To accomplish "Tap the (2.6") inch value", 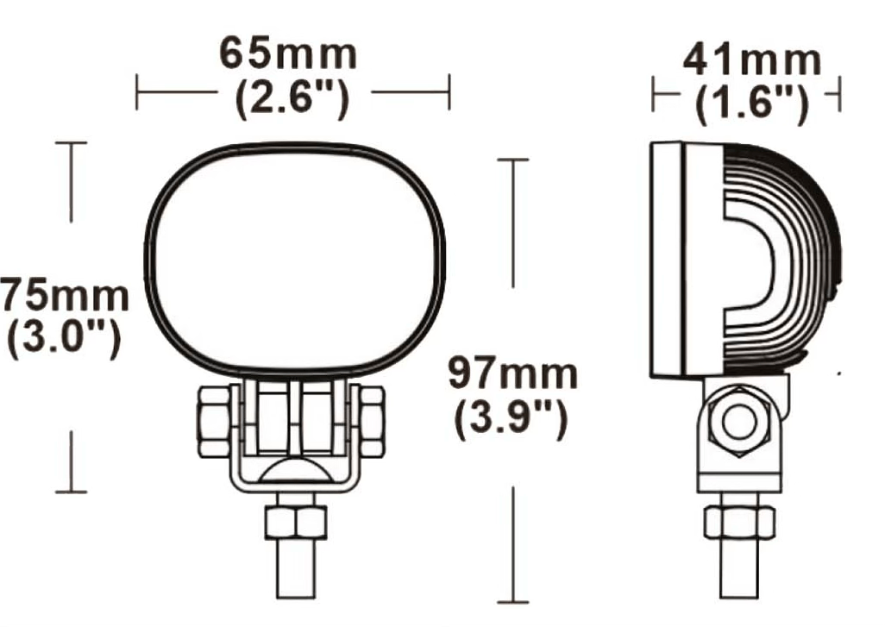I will click(292, 100).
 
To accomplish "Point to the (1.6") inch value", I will click(752, 104).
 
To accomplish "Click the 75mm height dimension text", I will click(64, 297).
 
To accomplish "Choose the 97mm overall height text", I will click(512, 375).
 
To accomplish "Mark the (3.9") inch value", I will click(512, 420).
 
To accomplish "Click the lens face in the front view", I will click(292, 259).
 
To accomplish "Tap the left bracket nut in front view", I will click(214, 421).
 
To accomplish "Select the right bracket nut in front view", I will click(370, 421).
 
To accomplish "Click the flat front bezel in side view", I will click(667, 259).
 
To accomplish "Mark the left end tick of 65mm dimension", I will click(137, 91).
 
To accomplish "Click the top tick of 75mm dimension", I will click(71, 142).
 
